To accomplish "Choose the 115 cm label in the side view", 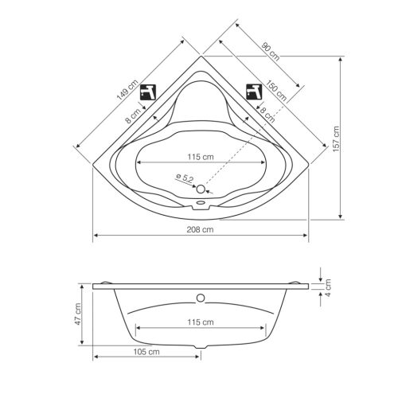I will pos(201,322).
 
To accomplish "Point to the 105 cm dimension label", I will pos(146,350).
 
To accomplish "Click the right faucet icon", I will pos(253,90).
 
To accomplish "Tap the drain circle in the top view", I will pos(200,189).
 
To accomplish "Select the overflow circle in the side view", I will pos(201,299).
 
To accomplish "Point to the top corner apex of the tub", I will pos(201,57).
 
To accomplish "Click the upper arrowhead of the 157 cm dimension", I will pos(341,60).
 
